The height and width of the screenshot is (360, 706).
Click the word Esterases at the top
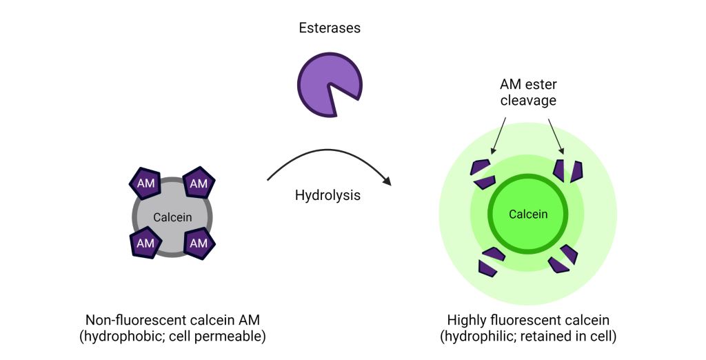point(330,28)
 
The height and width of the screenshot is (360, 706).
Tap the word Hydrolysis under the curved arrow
point(327,195)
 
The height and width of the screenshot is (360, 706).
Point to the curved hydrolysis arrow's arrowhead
point(387,181)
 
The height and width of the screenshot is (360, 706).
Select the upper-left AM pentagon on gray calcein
point(145,183)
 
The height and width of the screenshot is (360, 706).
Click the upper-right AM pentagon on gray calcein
point(199,183)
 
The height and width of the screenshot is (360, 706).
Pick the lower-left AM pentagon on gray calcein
point(145,243)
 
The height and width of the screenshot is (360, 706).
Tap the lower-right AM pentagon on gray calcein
point(199,243)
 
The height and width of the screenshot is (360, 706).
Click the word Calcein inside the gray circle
point(172,217)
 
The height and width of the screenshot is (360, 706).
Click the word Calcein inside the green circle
point(528,214)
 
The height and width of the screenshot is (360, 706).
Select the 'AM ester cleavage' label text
point(528,92)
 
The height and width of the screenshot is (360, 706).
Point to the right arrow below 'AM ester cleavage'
point(556,136)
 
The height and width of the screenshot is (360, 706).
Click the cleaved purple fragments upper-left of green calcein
point(483,174)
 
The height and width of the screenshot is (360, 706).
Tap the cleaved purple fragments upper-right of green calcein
point(568,170)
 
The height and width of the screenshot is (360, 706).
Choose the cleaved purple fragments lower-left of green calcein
point(491,261)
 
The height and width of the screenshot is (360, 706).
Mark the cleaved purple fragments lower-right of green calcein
point(563,259)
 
